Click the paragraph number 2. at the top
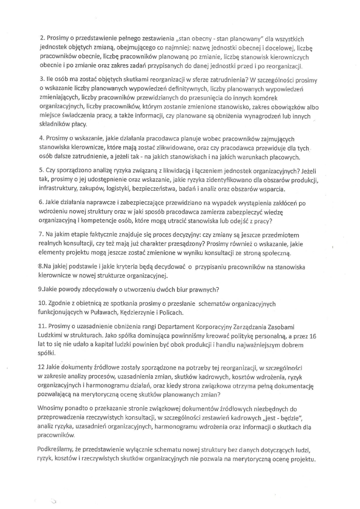pos(42,39)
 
